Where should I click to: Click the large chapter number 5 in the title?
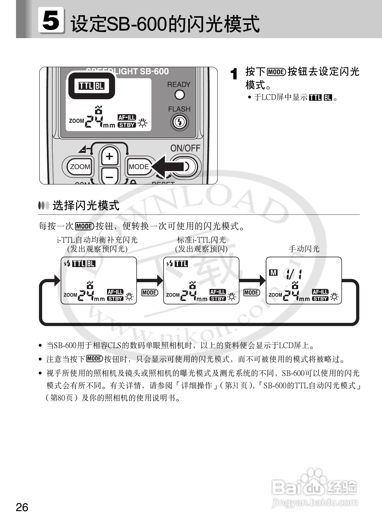51,20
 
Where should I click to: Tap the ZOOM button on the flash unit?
80,167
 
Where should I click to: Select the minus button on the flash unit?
110,177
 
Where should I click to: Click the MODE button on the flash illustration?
139,167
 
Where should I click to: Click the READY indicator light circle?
179,95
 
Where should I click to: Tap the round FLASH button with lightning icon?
179,122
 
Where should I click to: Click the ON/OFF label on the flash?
185,148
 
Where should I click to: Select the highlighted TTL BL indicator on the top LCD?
91,86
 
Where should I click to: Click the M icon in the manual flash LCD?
273,272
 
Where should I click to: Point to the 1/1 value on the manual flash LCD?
294,274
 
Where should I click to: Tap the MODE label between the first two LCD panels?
149,293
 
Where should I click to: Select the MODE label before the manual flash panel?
252,293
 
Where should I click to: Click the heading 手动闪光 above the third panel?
304,249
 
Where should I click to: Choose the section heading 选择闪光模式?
86,206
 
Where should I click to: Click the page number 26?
22,507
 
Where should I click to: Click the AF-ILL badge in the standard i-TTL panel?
218,292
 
